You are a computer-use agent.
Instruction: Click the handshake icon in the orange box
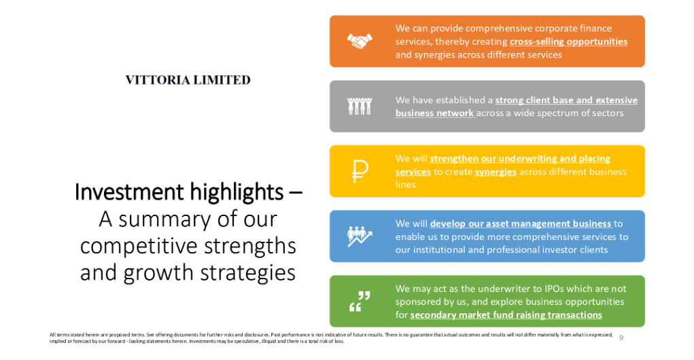click(x=360, y=41)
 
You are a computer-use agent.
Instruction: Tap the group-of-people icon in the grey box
click(x=360, y=106)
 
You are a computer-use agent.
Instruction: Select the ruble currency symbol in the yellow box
click(x=360, y=171)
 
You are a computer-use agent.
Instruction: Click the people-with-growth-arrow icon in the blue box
click(x=360, y=236)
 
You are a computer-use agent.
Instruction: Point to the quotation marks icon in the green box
click(x=360, y=301)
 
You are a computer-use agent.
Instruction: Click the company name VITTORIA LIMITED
click(x=188, y=80)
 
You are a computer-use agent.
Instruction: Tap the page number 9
click(x=621, y=338)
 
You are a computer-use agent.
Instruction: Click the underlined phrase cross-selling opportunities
click(x=568, y=41)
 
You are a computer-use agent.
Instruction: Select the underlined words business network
click(x=434, y=113)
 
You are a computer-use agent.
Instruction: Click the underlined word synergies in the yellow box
click(x=496, y=172)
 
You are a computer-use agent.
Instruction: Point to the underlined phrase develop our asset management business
click(x=521, y=223)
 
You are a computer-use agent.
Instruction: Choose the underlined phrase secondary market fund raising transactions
click(x=506, y=315)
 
